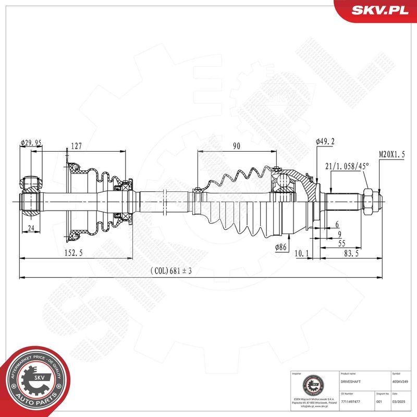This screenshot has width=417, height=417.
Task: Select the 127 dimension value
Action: [x=76, y=146]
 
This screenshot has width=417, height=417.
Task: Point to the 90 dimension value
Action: [x=236, y=146]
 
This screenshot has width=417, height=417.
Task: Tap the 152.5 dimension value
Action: [x=73, y=253]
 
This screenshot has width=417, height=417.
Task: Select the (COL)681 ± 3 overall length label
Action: [x=171, y=271]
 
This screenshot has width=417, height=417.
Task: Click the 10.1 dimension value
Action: [x=302, y=253]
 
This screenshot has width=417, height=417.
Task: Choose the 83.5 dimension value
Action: [x=351, y=253]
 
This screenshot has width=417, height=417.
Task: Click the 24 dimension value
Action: [x=31, y=227]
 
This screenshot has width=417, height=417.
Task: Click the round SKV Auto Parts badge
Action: [x=35, y=381]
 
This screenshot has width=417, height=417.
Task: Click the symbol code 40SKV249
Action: [x=400, y=382]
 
